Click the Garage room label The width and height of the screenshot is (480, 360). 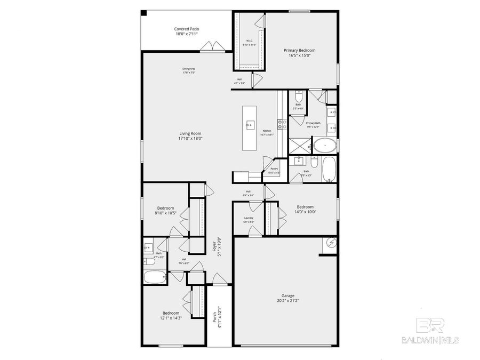point(288,295)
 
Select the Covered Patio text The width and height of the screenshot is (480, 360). point(187,29)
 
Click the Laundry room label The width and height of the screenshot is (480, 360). point(249,218)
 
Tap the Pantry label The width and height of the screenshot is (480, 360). point(274,169)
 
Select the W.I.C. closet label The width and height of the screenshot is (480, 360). point(249,41)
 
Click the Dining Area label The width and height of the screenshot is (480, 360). point(189,69)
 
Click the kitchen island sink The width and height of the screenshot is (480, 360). point(249,125)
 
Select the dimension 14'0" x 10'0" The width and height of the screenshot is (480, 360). point(305,212)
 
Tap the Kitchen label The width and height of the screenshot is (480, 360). point(267,131)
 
